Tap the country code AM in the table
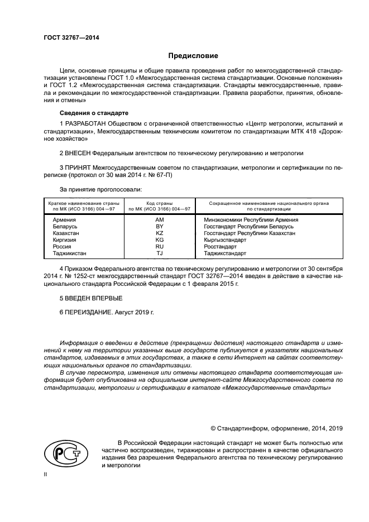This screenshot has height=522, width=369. click(159, 220)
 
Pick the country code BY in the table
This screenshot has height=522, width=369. click(159, 227)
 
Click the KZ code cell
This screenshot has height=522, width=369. click(159, 233)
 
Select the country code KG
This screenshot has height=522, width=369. click(159, 240)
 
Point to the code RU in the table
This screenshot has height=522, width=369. click(159, 246)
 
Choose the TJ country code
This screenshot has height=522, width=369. click(159, 253)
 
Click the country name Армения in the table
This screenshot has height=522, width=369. click(64, 220)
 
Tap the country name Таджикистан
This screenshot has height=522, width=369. click(69, 253)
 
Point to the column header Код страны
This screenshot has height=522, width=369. click(159, 203)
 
